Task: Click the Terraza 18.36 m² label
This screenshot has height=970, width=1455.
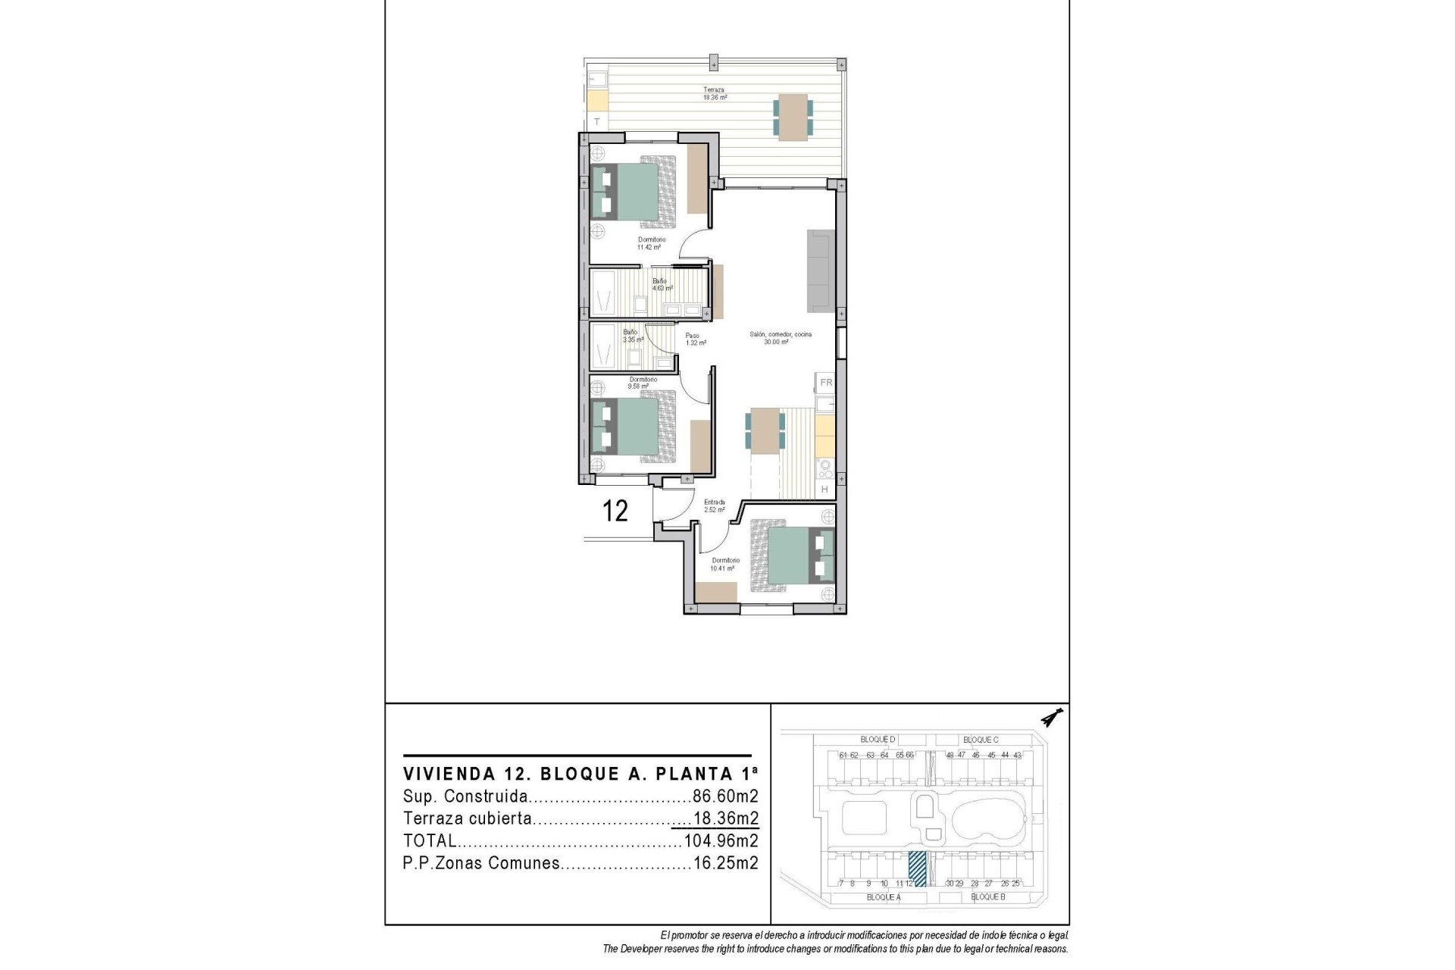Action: (x=715, y=93)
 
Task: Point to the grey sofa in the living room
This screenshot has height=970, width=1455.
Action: (x=820, y=271)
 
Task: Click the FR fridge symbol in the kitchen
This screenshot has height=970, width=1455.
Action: (x=826, y=383)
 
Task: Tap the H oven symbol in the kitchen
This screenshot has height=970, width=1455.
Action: (x=825, y=490)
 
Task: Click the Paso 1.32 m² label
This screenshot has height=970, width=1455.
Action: (x=696, y=339)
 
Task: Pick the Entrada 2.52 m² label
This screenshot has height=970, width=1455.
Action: (x=715, y=505)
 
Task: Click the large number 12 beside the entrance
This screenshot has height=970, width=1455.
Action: (x=615, y=512)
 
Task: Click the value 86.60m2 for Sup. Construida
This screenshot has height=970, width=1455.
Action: (x=725, y=796)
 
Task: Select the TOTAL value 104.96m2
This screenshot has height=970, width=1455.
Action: (x=721, y=840)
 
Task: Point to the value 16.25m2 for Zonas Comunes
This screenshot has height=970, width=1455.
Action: (x=725, y=863)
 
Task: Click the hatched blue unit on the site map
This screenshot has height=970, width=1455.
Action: (x=918, y=868)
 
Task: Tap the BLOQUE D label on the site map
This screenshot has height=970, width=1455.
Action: (x=878, y=740)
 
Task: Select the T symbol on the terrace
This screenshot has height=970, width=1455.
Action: (x=597, y=121)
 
